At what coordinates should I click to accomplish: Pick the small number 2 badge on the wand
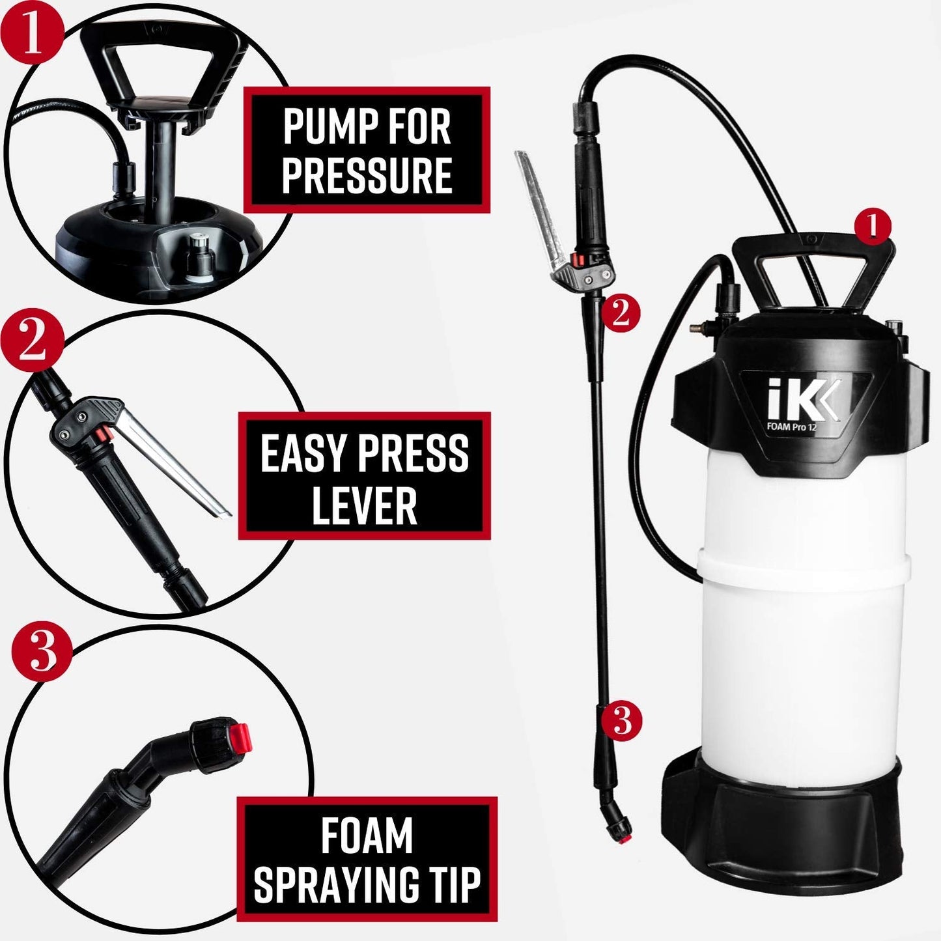click(x=620, y=313)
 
